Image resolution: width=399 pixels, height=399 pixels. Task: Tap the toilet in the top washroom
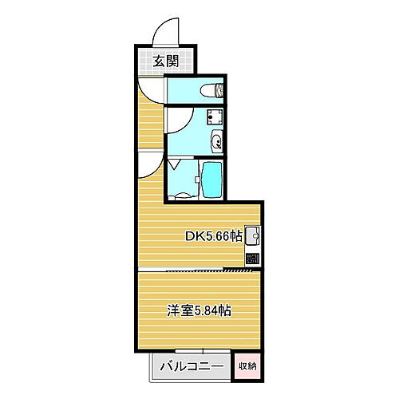pyautogui.click(x=212, y=89)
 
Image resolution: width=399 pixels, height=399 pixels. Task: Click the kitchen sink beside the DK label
pyautogui.click(x=252, y=236)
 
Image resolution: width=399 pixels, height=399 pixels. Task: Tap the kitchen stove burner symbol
pyautogui.click(x=253, y=259)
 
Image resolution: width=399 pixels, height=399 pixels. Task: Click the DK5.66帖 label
pyautogui.click(x=214, y=236)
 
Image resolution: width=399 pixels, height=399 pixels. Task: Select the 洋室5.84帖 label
pyautogui.click(x=199, y=310)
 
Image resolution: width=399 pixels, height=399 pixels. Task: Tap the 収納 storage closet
pyautogui.click(x=247, y=366)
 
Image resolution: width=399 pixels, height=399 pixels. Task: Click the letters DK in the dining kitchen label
pyautogui.click(x=194, y=236)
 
